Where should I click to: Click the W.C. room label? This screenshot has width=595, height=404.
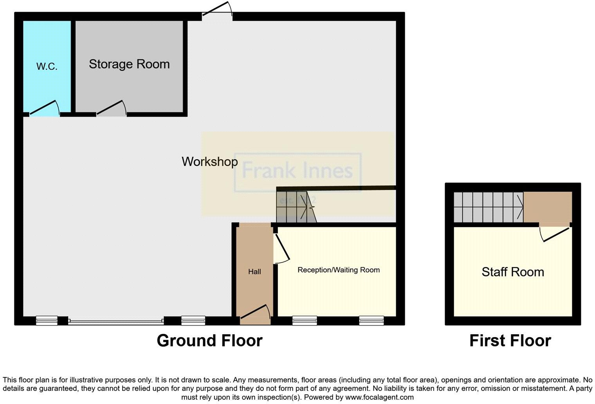pos(47,66)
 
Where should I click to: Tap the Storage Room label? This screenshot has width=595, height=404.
pos(129,64)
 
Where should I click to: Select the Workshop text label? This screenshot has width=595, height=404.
pos(209,162)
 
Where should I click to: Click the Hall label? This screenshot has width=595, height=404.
pos(254,271)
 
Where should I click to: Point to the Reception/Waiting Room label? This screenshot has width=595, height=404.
pos(339,270)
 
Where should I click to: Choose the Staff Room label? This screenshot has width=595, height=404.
pos(512,272)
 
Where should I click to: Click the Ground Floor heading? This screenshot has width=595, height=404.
pos(209,341)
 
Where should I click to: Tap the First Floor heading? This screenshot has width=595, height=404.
pos(510,341)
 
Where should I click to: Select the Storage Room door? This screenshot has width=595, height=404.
pos(112,108)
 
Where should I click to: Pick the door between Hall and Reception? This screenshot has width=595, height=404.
pos(281,249)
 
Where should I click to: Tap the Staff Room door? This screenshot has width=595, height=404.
pos(555,234)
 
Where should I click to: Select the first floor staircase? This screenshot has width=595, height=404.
pos(488,207)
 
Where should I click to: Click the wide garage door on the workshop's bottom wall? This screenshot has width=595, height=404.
pos(116,322)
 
